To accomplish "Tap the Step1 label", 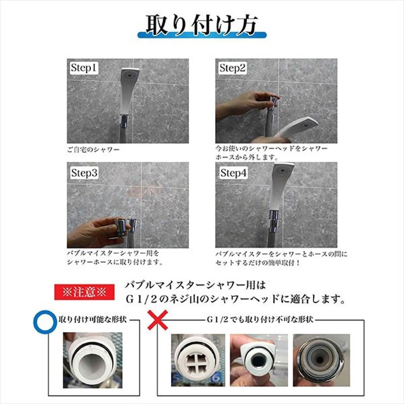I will [83, 68].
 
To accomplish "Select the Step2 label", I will [232, 68].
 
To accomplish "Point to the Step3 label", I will [84, 173].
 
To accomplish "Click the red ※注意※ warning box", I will [84, 292].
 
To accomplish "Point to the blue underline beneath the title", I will [201, 36].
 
